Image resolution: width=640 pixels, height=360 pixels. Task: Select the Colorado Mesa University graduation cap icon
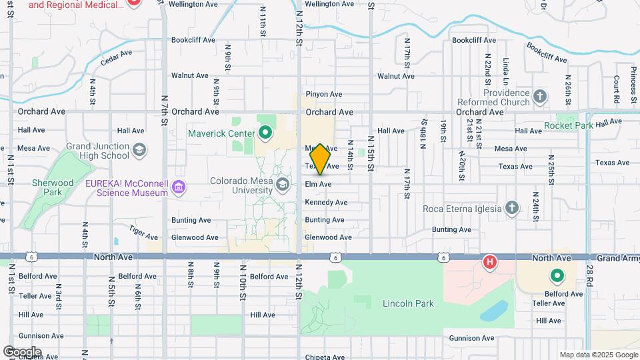[283, 184]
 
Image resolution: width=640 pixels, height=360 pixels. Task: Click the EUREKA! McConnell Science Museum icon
[178, 188]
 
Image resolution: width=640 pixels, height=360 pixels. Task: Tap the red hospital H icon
[489, 262]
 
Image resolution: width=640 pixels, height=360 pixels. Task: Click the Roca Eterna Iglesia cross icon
[511, 208]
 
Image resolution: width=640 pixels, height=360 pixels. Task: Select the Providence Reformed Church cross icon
[540, 98]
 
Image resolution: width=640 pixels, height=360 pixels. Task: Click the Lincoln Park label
[408, 303]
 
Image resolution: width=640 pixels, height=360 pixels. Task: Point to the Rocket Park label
[569, 125]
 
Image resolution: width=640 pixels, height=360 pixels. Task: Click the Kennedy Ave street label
[326, 202]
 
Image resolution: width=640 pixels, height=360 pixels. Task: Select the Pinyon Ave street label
[323, 95]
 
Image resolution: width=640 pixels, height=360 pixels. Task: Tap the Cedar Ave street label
[116, 57]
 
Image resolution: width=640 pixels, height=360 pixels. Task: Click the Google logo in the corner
[22, 351]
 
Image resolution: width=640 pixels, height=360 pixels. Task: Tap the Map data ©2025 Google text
[598, 355]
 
